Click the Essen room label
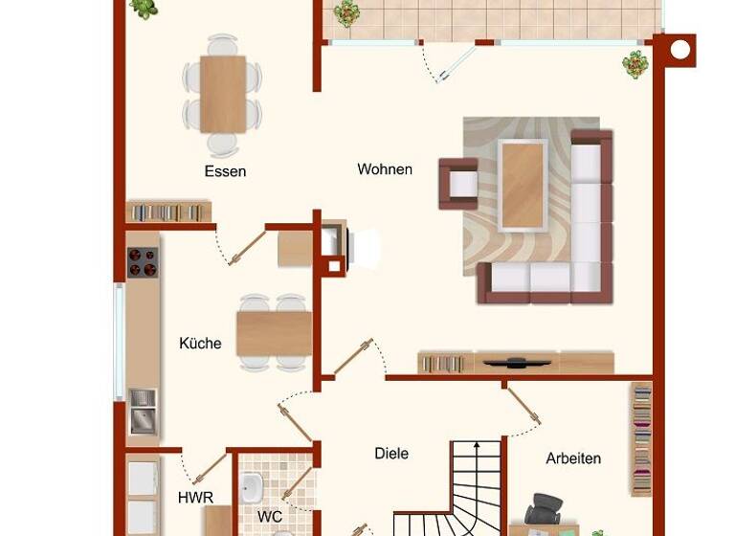(x=225, y=171)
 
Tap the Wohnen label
(x=385, y=169)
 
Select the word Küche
(x=200, y=343)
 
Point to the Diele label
(x=391, y=453)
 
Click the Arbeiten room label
(x=573, y=458)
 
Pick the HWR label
(x=195, y=498)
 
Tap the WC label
(x=270, y=517)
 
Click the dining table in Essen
(x=223, y=93)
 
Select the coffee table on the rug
(x=523, y=184)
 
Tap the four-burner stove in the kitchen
(x=143, y=262)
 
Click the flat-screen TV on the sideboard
(x=516, y=362)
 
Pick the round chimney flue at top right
(x=679, y=50)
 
